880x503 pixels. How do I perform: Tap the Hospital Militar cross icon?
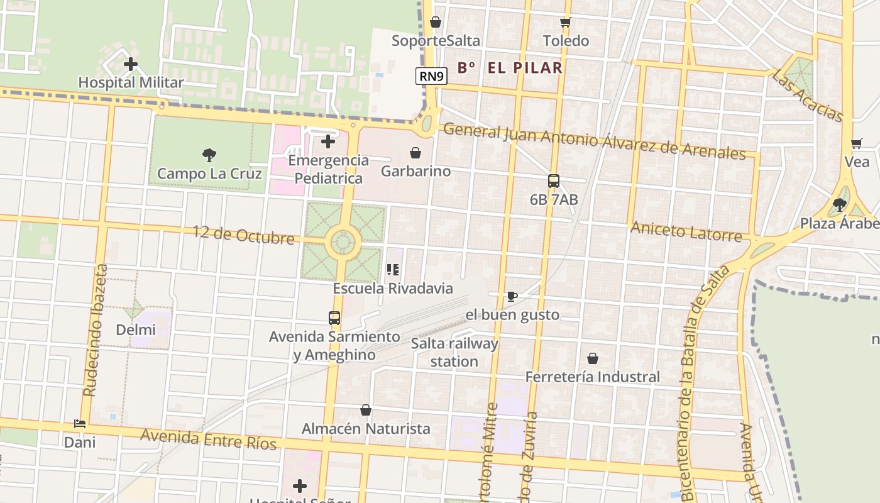(131, 64)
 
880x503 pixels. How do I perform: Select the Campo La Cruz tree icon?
(209, 155)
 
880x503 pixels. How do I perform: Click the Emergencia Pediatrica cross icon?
(328, 141)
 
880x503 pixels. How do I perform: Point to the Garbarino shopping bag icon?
(415, 153)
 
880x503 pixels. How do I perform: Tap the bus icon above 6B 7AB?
(554, 181)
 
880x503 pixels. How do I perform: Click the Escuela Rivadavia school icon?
(393, 270)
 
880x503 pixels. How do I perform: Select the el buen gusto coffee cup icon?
(512, 296)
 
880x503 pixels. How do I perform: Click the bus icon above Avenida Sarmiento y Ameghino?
(334, 318)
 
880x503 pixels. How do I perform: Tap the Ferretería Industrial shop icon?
(592, 358)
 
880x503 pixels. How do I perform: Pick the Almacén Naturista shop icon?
(366, 411)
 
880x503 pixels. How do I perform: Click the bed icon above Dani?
(80, 424)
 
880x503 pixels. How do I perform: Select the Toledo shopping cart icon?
(565, 23)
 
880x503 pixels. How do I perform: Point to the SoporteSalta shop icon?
(435, 23)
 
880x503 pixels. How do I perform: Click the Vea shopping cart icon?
(856, 143)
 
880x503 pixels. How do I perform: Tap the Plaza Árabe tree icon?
(839, 205)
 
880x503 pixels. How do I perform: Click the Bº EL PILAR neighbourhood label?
(510, 68)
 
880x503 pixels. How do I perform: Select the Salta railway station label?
(454, 353)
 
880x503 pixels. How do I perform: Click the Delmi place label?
(136, 329)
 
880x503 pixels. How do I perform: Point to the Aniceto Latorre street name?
(686, 231)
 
